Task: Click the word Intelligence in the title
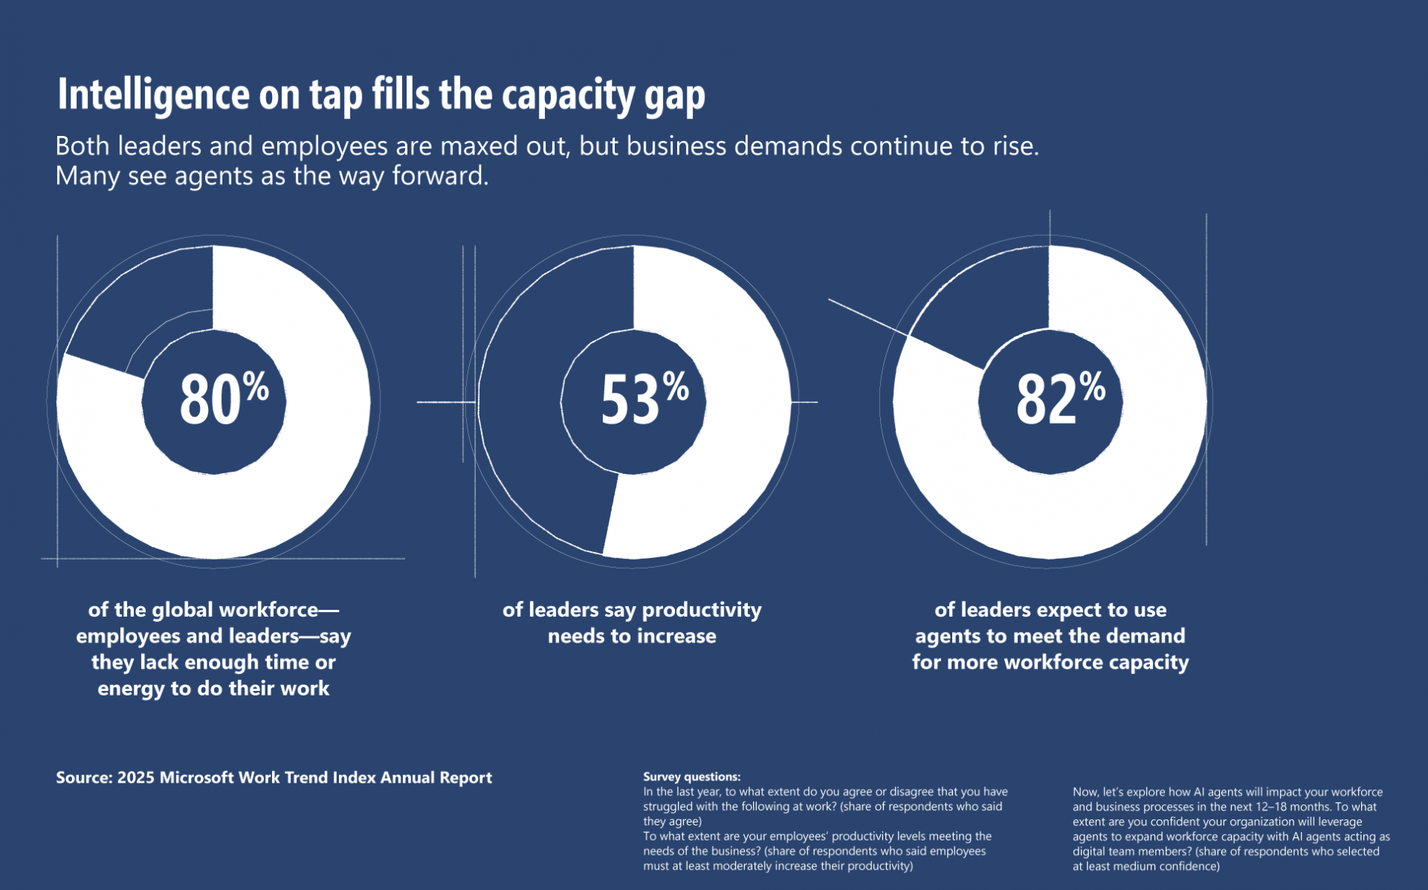tap(153, 95)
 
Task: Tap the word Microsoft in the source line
tap(197, 778)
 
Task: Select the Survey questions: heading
tap(691, 777)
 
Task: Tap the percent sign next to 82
tap(1092, 387)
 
